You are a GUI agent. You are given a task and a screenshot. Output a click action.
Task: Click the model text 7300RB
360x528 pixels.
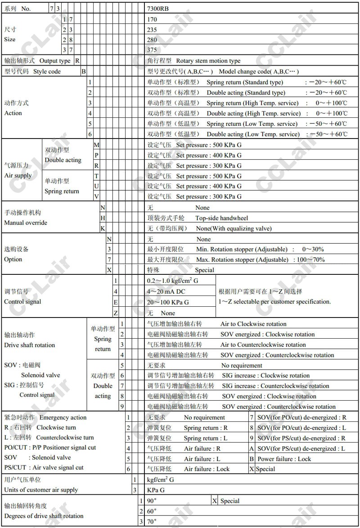pyautogui.click(x=158, y=8)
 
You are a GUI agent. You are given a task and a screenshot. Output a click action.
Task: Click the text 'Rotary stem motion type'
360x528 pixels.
pyautogui.click(x=208, y=61)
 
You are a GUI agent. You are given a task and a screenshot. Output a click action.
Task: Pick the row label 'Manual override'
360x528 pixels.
pyautogui.click(x=26, y=223)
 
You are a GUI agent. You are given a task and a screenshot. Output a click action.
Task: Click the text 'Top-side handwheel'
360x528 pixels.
pyautogui.click(x=221, y=218)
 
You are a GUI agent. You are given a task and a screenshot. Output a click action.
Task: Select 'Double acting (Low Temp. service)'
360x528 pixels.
pyautogui.click(x=253, y=134)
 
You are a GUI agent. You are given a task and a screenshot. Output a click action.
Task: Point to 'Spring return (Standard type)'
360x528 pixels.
pyautogui.click(x=245, y=82)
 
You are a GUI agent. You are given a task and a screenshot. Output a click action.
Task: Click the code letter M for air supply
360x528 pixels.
pyautogui.click(x=96, y=145)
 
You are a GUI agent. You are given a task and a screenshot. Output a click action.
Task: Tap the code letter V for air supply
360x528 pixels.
pyautogui.click(x=96, y=197)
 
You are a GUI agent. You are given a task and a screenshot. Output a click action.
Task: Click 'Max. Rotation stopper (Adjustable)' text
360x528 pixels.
pyautogui.click(x=242, y=260)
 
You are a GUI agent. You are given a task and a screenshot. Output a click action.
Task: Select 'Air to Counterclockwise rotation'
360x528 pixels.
pyautogui.click(x=263, y=345)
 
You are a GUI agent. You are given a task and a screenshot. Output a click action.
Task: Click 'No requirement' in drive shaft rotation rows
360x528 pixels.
pyautogui.click(x=242, y=365)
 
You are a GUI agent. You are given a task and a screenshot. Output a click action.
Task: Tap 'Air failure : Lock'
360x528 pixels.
pyautogui.click(x=207, y=469)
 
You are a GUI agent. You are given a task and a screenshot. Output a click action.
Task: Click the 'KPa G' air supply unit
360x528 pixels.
pyautogui.click(x=156, y=490)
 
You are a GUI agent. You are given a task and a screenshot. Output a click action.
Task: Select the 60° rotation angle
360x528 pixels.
pyautogui.click(x=152, y=511)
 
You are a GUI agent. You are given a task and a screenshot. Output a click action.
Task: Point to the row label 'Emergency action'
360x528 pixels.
pyautogui.click(x=63, y=417)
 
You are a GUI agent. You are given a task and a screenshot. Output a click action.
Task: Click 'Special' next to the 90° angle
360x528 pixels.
pyautogui.click(x=229, y=501)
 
